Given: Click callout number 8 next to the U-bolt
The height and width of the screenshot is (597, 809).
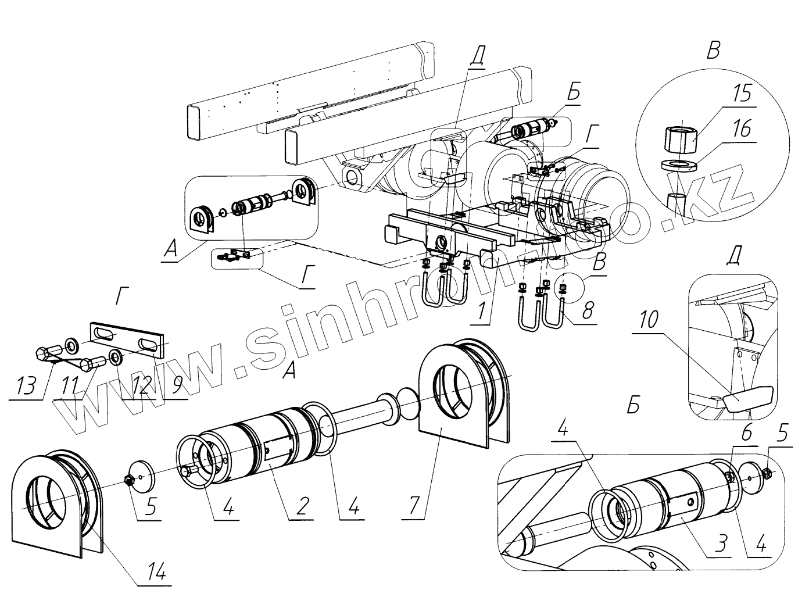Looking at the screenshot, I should (x=587, y=312).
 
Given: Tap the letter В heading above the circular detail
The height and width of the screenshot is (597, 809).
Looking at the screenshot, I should (x=713, y=51).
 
